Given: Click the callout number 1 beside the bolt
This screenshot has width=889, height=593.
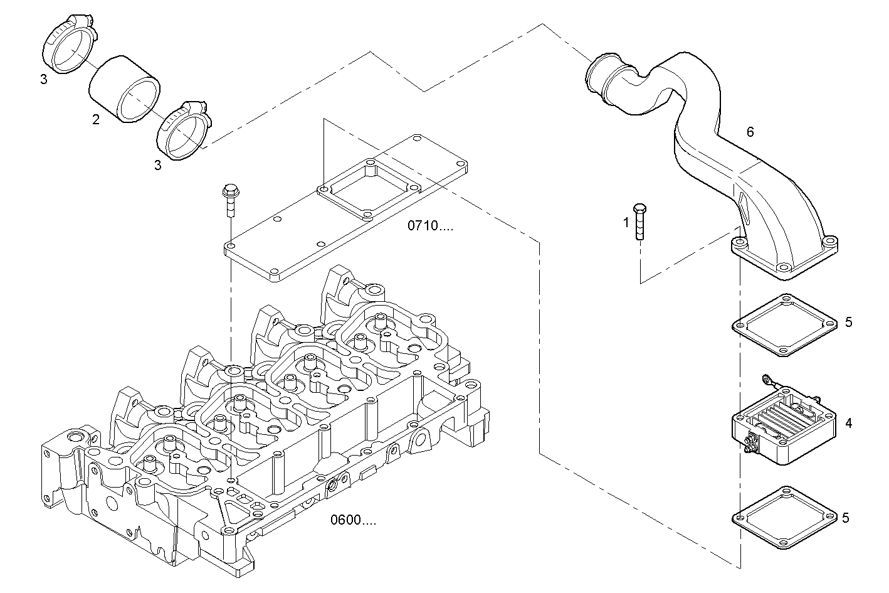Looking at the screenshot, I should point(626,222).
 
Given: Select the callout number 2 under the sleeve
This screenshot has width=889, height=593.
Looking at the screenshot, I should point(96,119).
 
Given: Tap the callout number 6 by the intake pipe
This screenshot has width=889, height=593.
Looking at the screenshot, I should point(750,132).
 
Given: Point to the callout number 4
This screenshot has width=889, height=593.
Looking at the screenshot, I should point(848,423).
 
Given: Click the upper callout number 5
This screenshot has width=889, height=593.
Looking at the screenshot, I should point(848,322).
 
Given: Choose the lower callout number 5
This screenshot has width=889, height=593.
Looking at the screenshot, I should point(845,518).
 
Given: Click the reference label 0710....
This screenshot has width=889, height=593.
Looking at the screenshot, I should point(430,226).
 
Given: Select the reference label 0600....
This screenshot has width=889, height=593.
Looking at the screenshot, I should point(354,520).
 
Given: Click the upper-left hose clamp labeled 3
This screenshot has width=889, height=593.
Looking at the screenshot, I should point(68,47).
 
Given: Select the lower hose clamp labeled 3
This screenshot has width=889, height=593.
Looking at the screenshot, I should point(182,129).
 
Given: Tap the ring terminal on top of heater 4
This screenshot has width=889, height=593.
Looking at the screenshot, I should point(765,378).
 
